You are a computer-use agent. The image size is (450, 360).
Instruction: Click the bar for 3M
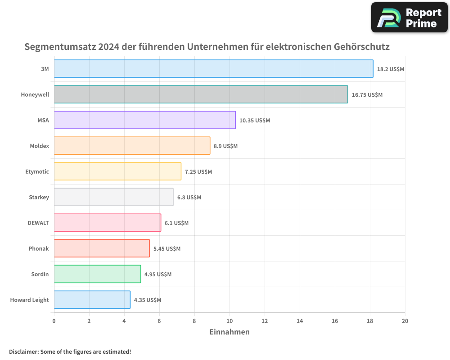[x=213, y=69]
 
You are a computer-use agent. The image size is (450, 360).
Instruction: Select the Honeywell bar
[x=201, y=94]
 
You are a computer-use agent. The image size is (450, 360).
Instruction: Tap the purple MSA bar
[x=144, y=120]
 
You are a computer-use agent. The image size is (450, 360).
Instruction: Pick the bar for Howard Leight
[x=92, y=300]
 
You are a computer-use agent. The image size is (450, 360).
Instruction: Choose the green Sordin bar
[x=97, y=274]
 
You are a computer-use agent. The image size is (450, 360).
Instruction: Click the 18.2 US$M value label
[x=391, y=69]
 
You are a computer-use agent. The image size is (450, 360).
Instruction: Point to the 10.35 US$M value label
[x=255, y=121]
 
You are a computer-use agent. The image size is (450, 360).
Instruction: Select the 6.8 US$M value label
[x=189, y=198]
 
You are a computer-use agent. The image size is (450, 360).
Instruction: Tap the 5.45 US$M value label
[x=166, y=249]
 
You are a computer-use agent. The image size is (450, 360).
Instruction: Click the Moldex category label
[x=39, y=146]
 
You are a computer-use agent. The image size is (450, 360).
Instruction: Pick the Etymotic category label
[x=37, y=171]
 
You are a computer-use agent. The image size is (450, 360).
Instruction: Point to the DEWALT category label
[x=38, y=223]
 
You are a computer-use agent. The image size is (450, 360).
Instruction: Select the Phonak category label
[x=39, y=248]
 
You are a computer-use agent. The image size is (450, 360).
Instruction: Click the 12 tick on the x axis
[x=265, y=321]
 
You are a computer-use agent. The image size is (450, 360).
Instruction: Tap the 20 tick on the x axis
[x=405, y=321]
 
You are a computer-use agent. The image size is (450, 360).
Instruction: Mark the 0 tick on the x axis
[x=54, y=321]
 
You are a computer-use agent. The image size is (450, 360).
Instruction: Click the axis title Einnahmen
[x=229, y=332]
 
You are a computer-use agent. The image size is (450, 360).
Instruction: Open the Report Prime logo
[x=409, y=18]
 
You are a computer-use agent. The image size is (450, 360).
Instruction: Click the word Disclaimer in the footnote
[x=23, y=352]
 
